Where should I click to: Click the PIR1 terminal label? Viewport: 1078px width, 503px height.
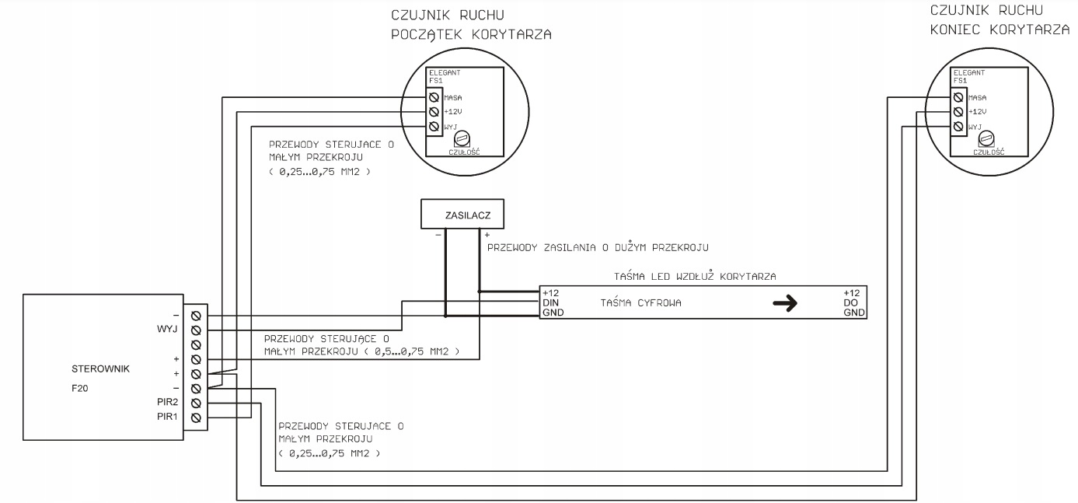(x=167, y=417)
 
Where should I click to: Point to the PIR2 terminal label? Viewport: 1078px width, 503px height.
(x=167, y=403)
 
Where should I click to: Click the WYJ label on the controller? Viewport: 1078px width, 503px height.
(x=167, y=330)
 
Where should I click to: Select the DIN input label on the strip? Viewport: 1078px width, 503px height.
(x=551, y=302)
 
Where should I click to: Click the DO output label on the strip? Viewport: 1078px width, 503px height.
(x=850, y=302)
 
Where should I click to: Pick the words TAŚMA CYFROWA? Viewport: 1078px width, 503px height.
(x=641, y=303)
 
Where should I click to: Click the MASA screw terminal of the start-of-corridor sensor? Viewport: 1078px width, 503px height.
(x=434, y=98)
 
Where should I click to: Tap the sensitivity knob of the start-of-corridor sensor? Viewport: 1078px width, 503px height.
(x=462, y=139)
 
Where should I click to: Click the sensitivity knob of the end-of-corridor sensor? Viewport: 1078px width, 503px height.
(x=988, y=139)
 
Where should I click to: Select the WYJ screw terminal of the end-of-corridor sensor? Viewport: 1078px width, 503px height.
(x=959, y=126)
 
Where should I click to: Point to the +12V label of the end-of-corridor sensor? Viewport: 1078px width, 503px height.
(x=978, y=112)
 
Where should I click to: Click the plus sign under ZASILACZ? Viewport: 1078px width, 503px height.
(x=487, y=234)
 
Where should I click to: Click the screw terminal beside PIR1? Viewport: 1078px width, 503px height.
(x=196, y=417)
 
